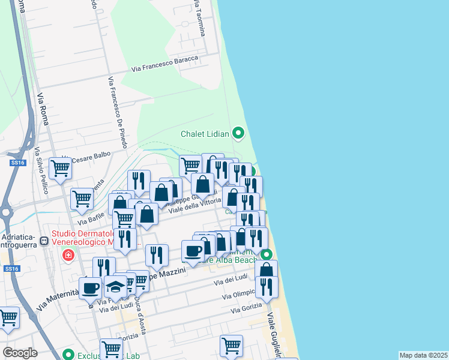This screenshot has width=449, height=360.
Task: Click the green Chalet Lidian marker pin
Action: coord(238,133)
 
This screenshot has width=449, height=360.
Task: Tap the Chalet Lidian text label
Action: coord(205,134)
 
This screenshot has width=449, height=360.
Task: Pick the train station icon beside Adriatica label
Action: coord(43,242)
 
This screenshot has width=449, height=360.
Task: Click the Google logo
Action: coord(20,353)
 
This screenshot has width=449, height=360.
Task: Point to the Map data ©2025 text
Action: coord(423,355)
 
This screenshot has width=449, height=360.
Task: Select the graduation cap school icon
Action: coord(115,287)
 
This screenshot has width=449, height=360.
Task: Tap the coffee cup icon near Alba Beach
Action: coord(193,251)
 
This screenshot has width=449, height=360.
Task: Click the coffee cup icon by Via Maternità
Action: coord(90,287)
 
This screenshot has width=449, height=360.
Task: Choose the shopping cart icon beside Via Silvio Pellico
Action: coord(61,169)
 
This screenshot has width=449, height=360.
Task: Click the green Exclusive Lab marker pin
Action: coord(70,355)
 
